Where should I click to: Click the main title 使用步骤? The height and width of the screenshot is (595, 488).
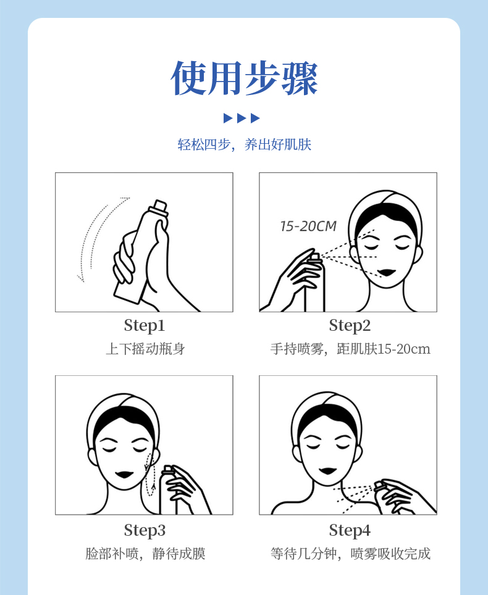point(244,78)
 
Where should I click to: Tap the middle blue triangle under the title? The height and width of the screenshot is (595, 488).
point(242,118)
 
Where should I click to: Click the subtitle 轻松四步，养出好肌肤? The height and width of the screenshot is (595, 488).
point(244,144)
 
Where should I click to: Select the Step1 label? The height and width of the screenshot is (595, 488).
point(145,325)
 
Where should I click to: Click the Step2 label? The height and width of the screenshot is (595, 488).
point(350,325)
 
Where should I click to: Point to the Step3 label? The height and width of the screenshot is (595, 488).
point(145,530)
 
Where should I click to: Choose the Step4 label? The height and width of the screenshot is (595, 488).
point(350,530)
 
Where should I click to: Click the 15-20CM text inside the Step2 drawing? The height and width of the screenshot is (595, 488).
point(308,226)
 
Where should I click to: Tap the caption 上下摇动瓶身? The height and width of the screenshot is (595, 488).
point(145,349)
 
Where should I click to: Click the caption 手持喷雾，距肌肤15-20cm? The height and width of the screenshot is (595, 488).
point(350,349)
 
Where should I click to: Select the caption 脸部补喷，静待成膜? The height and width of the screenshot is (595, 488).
point(145,554)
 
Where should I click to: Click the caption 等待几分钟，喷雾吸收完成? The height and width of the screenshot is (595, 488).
point(350,554)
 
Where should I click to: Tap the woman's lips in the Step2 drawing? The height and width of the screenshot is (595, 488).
point(387,272)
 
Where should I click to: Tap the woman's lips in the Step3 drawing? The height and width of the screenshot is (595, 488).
point(124,475)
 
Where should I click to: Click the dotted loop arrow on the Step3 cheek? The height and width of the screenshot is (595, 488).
point(150,474)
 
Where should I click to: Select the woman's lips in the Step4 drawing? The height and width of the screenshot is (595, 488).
point(328,471)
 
